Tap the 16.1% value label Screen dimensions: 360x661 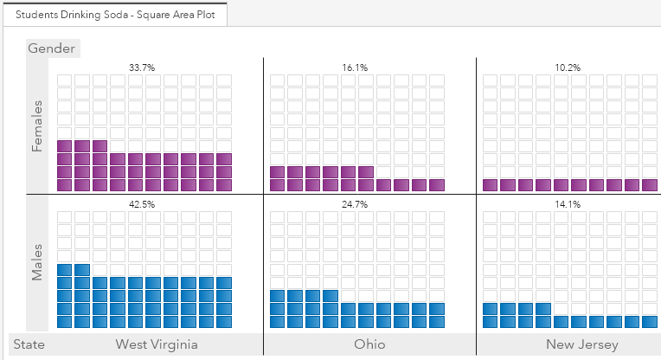pos(356,67)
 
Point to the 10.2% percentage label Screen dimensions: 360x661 pos(568,67)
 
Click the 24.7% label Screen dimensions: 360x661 pos(356,204)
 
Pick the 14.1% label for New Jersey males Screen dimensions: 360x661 pos(568,204)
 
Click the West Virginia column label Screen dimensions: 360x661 pos(157,345)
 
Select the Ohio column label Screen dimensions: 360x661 pos(369,345)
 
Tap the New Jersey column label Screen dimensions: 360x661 pos(581,345)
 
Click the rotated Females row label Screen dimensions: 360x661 pos(37,126)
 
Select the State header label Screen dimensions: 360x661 pos(29,345)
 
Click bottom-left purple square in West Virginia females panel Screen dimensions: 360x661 pos(64,184)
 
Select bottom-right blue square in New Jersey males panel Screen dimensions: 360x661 pos(649,322)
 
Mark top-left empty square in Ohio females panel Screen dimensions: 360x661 pos(277,80)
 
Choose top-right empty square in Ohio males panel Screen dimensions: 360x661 pos(436,218)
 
